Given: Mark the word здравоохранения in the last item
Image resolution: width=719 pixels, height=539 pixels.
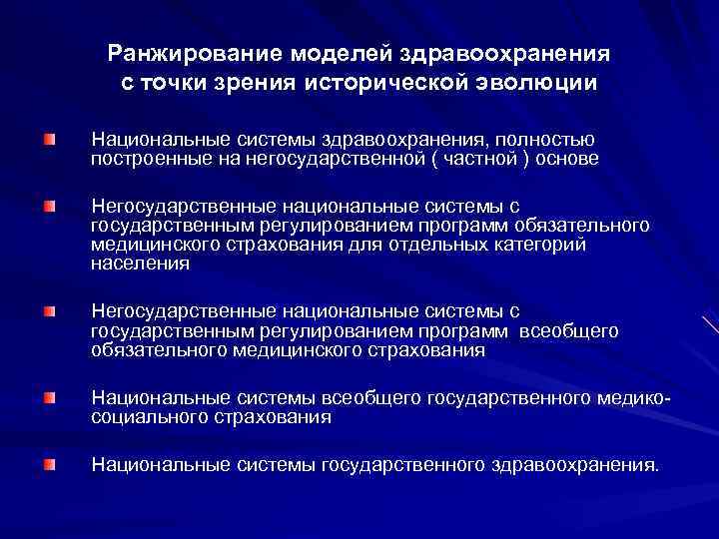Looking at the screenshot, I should point(574,464).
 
